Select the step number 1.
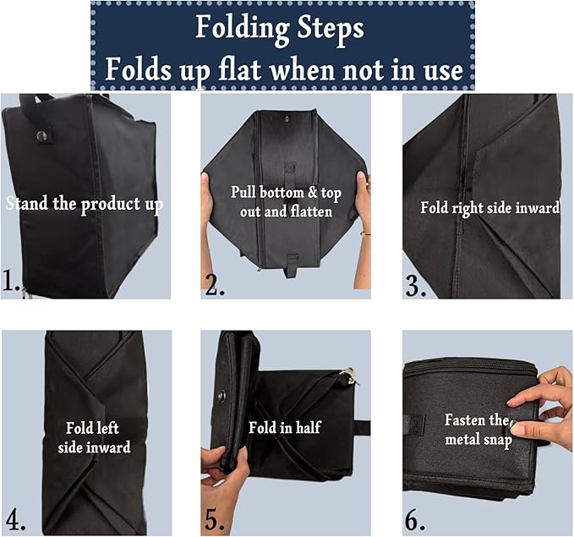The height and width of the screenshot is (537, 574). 10,281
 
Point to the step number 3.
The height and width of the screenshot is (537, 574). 416,285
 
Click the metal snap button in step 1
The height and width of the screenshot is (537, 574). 41,135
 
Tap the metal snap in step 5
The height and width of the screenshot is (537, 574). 221,396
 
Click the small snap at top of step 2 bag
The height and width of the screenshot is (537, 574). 286,118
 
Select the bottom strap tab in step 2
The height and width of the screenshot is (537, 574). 292,265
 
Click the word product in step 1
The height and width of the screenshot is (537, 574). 110,205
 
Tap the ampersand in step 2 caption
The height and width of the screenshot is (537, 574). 312,193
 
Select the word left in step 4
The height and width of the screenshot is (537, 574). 107,428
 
